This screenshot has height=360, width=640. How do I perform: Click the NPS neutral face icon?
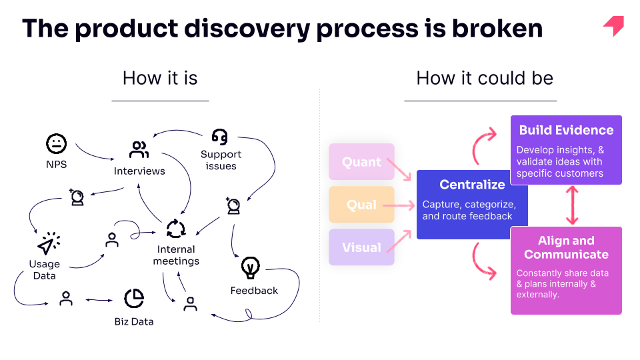point(56,144)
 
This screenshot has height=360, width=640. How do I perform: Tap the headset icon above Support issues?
point(219,137)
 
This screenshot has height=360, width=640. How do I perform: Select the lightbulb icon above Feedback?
point(250,267)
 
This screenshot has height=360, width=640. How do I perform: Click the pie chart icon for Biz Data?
point(134,299)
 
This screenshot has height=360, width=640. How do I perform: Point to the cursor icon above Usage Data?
point(49,243)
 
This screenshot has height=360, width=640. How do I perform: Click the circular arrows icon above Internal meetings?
point(176,229)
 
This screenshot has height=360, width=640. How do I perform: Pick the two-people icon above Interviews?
point(139,149)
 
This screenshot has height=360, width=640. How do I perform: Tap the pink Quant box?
point(361,161)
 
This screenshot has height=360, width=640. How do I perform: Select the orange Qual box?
point(361,205)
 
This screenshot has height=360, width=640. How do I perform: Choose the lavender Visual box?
point(361,247)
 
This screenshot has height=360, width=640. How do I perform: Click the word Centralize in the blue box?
point(472,185)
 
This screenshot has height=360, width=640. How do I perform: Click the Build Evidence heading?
point(566,130)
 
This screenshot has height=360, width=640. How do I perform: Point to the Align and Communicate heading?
point(566,247)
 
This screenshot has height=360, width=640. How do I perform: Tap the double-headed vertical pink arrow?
point(572,205)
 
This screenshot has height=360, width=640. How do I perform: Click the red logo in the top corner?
point(613,26)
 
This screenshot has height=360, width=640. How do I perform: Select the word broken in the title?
point(497,28)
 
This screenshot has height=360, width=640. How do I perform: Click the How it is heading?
point(160,78)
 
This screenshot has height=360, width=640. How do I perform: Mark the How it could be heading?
point(485,78)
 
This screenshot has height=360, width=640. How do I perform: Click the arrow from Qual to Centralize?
point(399,205)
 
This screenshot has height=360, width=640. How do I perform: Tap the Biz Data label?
point(134,321)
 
